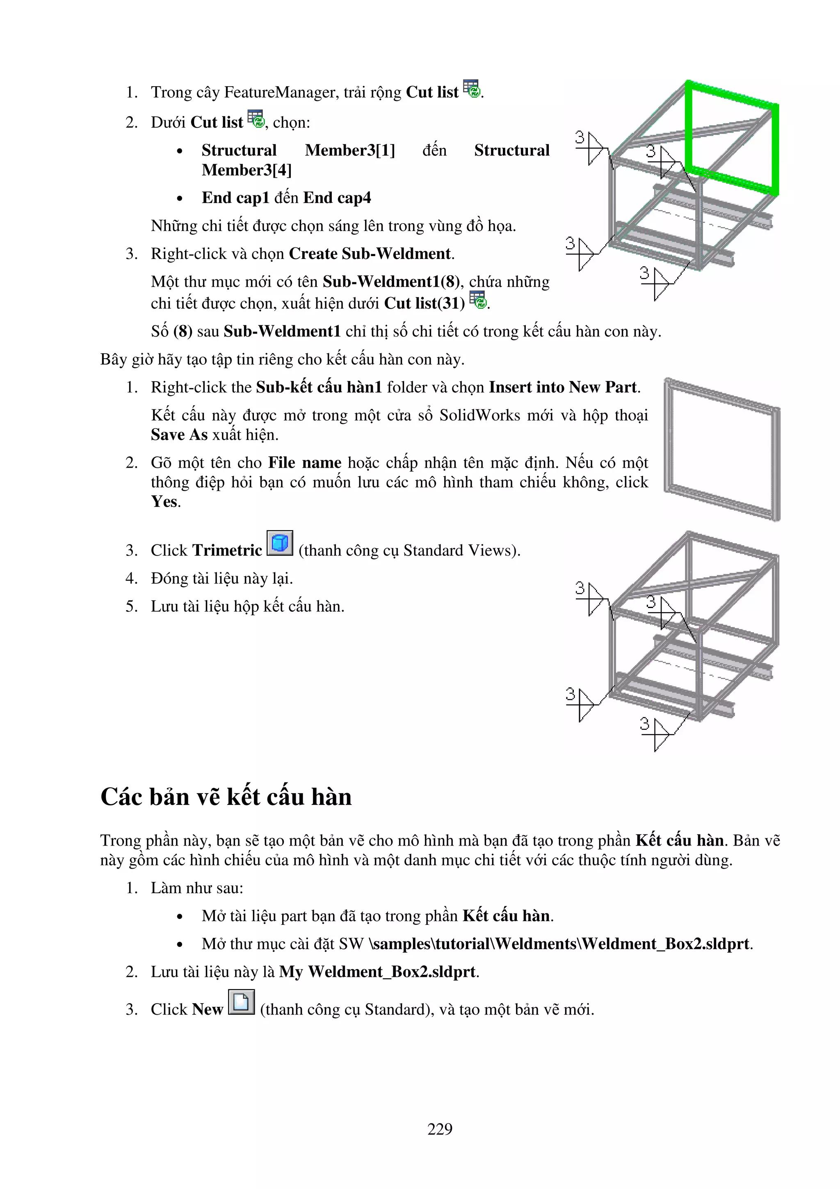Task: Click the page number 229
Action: (439, 1128)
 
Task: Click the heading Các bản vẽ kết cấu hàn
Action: (226, 796)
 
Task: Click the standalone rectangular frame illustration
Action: (722, 448)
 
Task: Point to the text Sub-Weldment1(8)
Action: (391, 282)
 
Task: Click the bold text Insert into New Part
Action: (563, 387)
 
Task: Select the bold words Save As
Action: (179, 434)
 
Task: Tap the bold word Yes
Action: (164, 501)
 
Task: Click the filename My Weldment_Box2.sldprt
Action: (378, 972)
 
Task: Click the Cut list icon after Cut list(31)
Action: (478, 300)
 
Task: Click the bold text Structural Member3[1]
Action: (298, 150)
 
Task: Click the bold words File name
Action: (304, 462)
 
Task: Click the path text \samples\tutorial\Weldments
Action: (473, 944)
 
